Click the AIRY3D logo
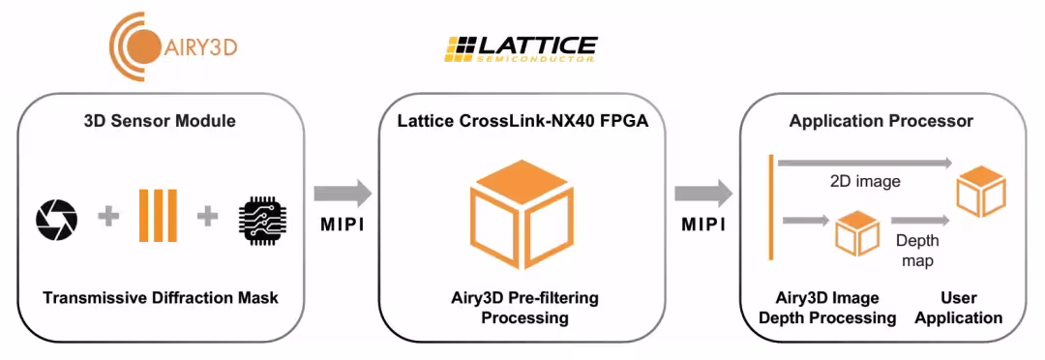pyautogui.click(x=172, y=46)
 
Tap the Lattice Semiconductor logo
pyautogui.click(x=521, y=49)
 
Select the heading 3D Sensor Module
pyautogui.click(x=160, y=122)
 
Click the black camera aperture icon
pyautogui.click(x=57, y=218)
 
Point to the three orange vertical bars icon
pyautogui.click(x=158, y=216)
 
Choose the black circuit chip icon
pyautogui.click(x=258, y=218)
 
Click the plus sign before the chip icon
pyautogui.click(x=208, y=216)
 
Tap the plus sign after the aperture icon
pyautogui.click(x=108, y=216)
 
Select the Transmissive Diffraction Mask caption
pyautogui.click(x=160, y=298)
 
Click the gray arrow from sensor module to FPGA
pyautogui.click(x=343, y=193)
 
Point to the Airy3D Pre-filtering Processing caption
pyautogui.click(x=524, y=308)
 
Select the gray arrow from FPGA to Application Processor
pyautogui.click(x=703, y=193)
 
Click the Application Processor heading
pyautogui.click(x=881, y=121)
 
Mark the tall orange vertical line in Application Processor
pyautogui.click(x=770, y=207)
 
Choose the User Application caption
pyautogui.click(x=958, y=308)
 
